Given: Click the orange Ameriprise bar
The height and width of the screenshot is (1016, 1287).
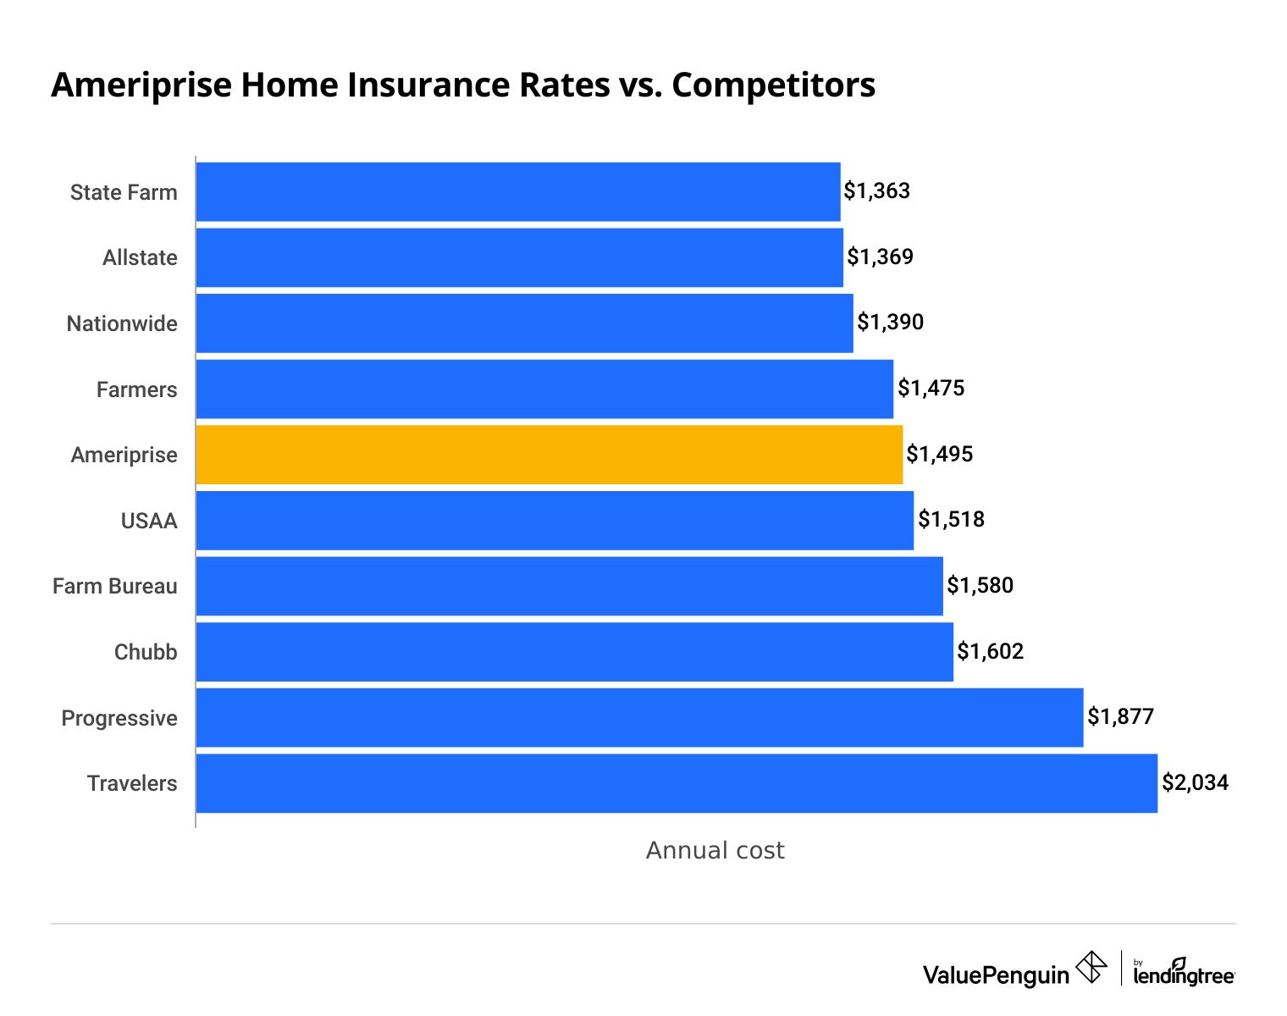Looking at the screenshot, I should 549,455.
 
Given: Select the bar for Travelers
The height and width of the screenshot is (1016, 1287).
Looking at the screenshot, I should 676,783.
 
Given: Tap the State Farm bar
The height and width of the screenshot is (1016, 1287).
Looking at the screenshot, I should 518,191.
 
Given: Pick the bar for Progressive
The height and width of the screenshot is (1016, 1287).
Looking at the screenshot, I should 639,717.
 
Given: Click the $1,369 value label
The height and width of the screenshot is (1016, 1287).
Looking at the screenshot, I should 880,257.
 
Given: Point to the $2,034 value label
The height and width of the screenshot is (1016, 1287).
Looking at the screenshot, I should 1195,782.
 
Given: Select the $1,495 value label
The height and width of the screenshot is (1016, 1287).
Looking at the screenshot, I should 939,454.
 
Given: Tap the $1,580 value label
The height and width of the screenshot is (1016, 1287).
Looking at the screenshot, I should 980,585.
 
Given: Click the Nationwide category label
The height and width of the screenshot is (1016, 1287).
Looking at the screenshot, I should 122,323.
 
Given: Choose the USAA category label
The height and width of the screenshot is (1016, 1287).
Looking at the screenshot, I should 149,521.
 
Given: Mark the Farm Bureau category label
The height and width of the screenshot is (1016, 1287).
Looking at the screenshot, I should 115,586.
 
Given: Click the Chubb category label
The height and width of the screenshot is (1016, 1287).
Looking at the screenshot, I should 146,652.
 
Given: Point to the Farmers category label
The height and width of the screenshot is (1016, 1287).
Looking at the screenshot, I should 136,389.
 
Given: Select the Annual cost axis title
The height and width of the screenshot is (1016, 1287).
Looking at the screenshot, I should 715,850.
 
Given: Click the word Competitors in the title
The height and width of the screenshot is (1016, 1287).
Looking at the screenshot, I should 773,85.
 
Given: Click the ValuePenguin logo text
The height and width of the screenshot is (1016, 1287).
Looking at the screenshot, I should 996,975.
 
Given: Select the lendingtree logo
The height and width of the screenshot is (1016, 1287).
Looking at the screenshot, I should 1183,972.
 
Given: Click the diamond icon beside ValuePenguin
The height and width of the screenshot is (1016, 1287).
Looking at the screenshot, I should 1091,968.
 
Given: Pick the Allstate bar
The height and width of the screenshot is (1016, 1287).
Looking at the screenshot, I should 519,257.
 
